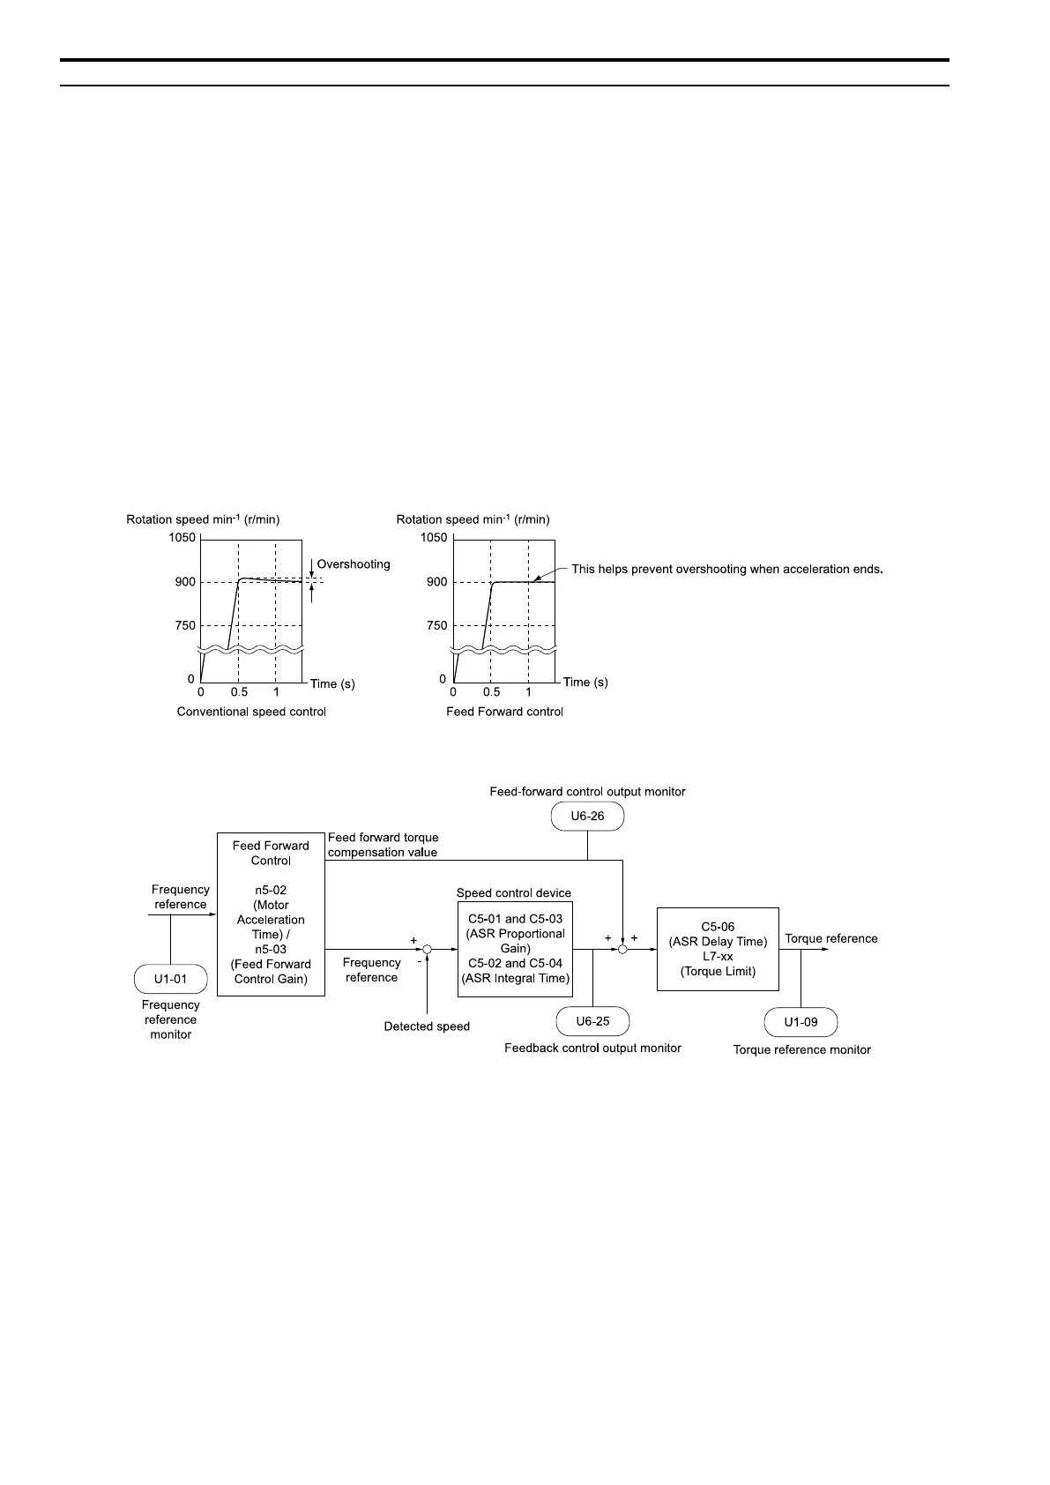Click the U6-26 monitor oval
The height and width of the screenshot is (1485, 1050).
pyautogui.click(x=587, y=817)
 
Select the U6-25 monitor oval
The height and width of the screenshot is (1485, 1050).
pyautogui.click(x=592, y=1021)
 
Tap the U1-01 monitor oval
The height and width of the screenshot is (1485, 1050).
pyautogui.click(x=170, y=979)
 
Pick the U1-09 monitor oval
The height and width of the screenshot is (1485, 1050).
pyautogui.click(x=801, y=1022)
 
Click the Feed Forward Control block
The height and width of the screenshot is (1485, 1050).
pyautogui.click(x=271, y=914)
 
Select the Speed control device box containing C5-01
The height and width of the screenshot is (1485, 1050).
pyautogui.click(x=515, y=948)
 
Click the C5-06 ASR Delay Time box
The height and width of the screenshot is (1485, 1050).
pyautogui.click(x=718, y=949)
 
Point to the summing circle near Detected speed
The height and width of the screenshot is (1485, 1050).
pyautogui.click(x=427, y=949)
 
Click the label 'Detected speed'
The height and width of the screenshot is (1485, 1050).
pyautogui.click(x=427, y=1026)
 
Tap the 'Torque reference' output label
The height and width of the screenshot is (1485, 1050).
pyautogui.click(x=831, y=939)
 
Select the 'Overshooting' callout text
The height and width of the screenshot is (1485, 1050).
pyautogui.click(x=354, y=564)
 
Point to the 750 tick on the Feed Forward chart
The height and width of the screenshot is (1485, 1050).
pyautogui.click(x=436, y=625)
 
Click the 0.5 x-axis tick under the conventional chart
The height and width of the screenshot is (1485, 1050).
pyautogui.click(x=239, y=692)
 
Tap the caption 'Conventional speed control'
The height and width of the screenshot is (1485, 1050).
pyautogui.click(x=251, y=712)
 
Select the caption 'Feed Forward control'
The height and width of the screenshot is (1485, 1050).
pyautogui.click(x=504, y=712)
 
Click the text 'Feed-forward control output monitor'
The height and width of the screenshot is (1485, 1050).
pyautogui.click(x=587, y=792)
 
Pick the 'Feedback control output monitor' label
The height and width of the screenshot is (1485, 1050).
pyautogui.click(x=592, y=1048)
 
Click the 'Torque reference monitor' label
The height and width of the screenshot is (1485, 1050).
pyautogui.click(x=801, y=1049)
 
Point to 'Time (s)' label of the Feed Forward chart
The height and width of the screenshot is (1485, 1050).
pyautogui.click(x=585, y=682)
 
